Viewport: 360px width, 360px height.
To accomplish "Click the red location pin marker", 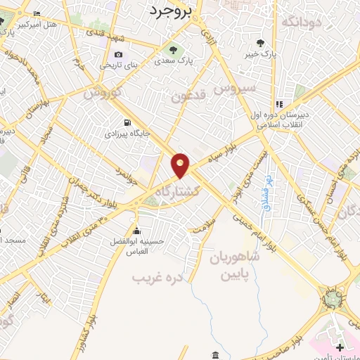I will pos(181,165).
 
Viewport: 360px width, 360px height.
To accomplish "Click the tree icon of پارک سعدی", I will pos(173,49).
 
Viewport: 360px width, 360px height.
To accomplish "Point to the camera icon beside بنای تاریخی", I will pos(118,55).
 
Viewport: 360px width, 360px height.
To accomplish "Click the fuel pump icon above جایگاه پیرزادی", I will pos(127,121).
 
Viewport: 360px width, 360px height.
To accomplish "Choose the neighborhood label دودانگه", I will pos(301,22).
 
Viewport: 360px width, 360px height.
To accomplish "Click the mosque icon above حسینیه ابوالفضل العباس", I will pos(136,231).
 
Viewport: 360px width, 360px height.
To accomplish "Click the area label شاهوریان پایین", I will pos(233,265).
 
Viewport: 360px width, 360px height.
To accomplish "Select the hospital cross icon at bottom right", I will pos(340,347).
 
